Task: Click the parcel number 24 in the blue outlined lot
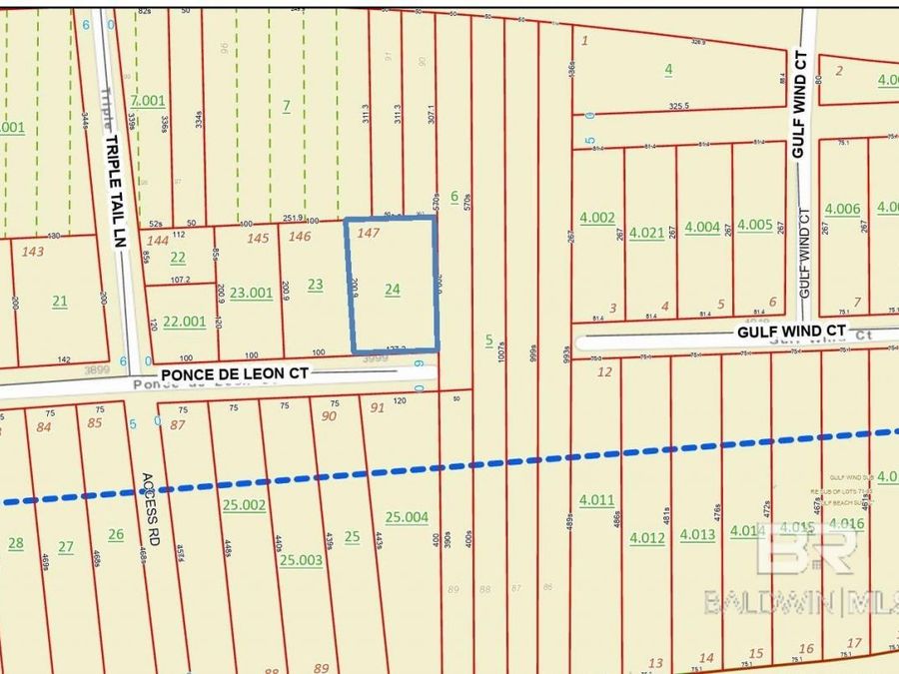point(393,290)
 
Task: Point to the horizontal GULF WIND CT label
point(791,330)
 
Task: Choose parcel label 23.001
point(251,293)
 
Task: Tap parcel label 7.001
point(147,100)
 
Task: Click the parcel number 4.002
point(597,217)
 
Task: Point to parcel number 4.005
point(755,226)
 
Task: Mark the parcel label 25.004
point(407,516)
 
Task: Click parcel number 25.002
point(245,505)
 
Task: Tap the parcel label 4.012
point(646,538)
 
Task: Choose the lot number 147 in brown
point(370,232)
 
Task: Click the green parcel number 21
point(60,301)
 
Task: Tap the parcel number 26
point(116,534)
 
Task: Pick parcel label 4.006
point(842,209)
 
